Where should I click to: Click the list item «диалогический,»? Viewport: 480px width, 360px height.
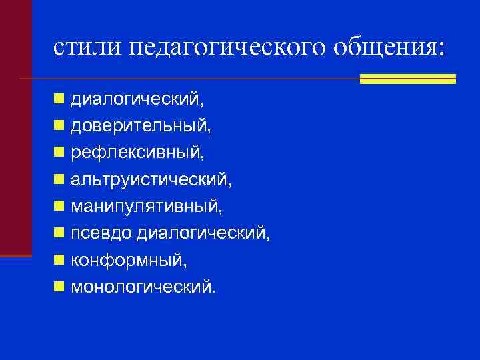137,99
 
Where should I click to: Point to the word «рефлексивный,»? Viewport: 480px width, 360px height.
138,153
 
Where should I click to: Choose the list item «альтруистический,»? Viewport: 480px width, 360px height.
152,180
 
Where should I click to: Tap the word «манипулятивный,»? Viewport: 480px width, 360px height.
147,207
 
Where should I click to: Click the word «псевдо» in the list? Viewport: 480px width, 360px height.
102,233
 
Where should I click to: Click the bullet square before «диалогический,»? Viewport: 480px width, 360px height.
60,99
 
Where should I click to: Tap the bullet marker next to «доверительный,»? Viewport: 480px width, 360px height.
60,126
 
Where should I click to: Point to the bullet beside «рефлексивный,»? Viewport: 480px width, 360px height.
60,153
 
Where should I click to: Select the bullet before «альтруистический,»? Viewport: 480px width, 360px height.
60,179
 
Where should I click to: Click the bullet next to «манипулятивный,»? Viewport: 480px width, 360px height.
60,206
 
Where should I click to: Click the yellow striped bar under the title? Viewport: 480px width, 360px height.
407,79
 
